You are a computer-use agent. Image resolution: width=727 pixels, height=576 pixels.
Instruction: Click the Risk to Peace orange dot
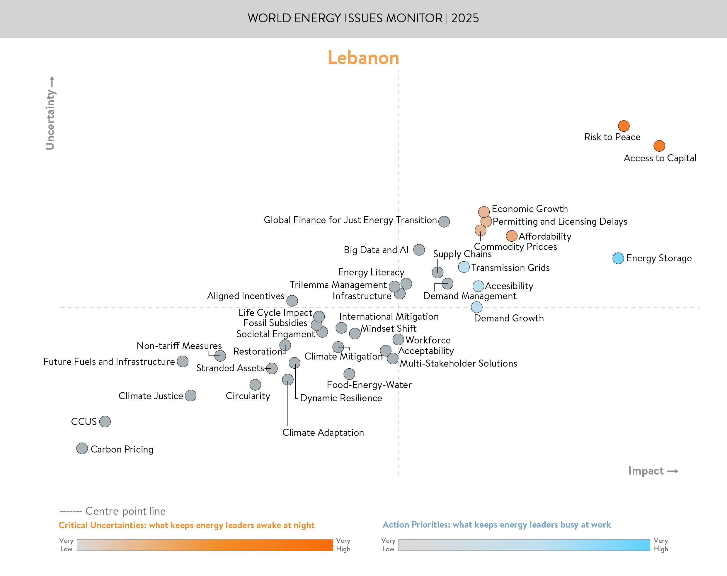pos(624,126)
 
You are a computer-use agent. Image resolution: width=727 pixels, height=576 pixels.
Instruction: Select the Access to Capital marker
pos(659,146)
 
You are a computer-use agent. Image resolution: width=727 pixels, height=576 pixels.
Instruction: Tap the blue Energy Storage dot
pos(618,258)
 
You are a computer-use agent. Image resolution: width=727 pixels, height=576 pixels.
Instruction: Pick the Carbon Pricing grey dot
pos(82,448)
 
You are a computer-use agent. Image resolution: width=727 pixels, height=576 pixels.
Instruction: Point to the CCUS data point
pos(105,421)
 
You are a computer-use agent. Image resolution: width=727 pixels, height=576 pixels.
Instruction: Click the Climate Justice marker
pos(190,396)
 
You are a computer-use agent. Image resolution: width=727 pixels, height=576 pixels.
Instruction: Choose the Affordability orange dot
pos(511,236)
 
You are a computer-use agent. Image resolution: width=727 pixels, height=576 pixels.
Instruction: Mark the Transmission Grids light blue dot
pos(464,267)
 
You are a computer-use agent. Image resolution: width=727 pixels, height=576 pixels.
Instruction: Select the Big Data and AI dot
pos(419,250)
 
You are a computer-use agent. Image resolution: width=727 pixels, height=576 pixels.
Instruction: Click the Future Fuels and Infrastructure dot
pos(183,362)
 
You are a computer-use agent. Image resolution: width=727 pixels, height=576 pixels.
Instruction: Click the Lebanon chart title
pos(363,58)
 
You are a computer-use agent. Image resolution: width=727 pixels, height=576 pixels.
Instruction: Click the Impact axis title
pos(646,471)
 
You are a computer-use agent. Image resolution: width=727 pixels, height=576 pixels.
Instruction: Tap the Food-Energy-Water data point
pos(349,374)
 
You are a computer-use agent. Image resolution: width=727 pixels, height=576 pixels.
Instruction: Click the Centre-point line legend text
pos(125,511)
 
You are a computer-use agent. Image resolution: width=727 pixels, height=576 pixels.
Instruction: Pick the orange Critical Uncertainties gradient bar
pos(205,545)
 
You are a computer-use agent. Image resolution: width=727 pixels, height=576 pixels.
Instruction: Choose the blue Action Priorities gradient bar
pos(524,545)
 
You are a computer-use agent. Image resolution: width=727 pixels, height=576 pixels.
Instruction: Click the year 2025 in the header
pos(465,18)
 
